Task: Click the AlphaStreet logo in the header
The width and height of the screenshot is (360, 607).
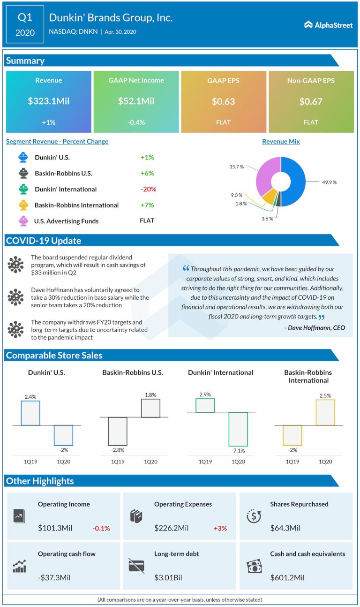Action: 328,25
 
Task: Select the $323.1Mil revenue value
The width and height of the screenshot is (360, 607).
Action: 48,101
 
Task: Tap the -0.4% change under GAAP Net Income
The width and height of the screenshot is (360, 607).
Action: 136,122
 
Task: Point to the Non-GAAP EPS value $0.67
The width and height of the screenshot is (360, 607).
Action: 311,101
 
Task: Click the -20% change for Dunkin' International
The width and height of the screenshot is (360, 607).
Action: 148,189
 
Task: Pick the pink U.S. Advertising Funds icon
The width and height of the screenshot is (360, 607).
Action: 22,220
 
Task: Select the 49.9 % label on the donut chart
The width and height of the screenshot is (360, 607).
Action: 329,182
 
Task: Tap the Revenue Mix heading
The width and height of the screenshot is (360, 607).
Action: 281,141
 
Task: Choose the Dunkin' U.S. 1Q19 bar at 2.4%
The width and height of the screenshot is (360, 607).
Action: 30,413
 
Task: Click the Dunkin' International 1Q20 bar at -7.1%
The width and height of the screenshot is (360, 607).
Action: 238,429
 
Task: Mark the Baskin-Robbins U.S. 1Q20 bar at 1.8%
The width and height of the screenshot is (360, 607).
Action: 150,408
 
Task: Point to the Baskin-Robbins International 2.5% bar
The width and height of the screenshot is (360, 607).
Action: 325,412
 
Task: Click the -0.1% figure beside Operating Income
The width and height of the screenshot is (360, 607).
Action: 101,528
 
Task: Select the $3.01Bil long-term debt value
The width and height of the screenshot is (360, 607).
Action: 168,577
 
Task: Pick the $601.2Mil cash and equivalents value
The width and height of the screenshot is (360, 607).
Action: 287,577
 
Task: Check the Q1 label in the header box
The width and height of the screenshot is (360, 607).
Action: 25,18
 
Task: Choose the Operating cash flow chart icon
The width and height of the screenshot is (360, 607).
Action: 19,566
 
